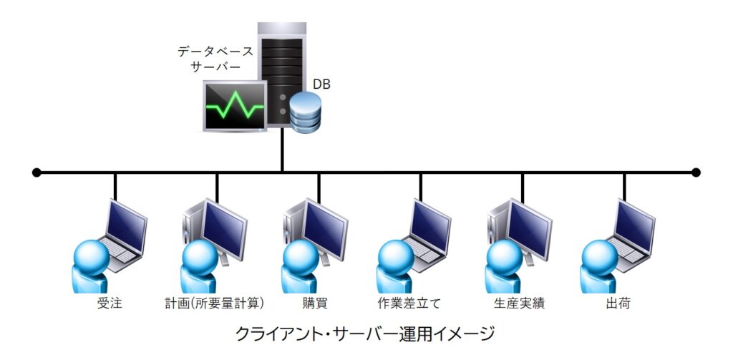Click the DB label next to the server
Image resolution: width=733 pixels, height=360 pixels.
[321, 84]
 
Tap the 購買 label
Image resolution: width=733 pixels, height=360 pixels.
[316, 303]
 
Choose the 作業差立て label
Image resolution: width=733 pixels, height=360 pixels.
[409, 303]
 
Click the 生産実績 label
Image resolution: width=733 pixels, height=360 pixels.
[519, 303]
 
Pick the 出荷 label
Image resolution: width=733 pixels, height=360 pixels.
[618, 303]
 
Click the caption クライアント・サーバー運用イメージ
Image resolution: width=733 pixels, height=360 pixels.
[365, 334]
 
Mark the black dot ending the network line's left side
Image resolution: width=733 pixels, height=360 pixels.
[37, 172]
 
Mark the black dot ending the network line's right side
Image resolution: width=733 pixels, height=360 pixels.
[696, 172]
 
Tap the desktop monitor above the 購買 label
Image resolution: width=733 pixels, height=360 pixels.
[326, 228]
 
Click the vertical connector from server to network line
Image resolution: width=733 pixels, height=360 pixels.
[282, 152]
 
